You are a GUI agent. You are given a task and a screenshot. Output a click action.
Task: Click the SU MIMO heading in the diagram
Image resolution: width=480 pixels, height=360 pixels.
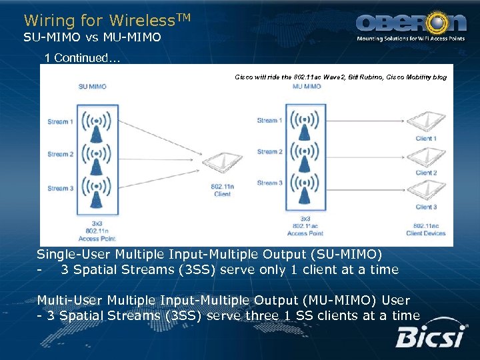[x=92, y=87]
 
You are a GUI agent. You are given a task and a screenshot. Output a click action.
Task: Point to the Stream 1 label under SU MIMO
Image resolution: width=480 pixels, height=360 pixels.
[x=60, y=121]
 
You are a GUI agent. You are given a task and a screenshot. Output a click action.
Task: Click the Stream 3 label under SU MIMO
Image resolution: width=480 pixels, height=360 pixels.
[x=60, y=189]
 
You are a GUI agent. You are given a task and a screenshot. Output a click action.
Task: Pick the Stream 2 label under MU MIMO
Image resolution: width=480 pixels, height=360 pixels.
[x=270, y=151]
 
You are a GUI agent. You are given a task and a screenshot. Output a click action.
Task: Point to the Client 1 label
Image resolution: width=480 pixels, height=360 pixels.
[x=426, y=139]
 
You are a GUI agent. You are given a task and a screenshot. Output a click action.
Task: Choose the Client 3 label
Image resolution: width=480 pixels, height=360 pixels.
[x=426, y=207]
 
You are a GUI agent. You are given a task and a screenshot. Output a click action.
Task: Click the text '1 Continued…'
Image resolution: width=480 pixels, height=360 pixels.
[x=81, y=58]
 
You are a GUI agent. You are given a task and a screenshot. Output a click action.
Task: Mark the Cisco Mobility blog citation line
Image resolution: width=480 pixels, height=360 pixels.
[x=341, y=77]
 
